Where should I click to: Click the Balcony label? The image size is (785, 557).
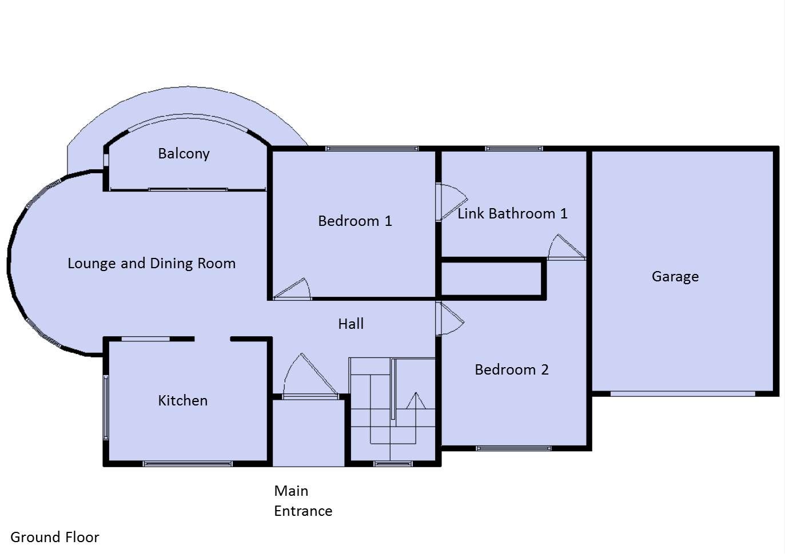(x=184, y=153)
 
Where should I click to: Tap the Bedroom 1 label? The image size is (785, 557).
(x=355, y=221)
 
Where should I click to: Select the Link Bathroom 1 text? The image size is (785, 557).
(x=512, y=213)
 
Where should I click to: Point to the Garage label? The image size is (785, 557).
(x=675, y=277)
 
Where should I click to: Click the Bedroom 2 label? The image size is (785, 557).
(x=512, y=369)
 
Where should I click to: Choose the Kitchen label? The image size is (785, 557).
(x=182, y=400)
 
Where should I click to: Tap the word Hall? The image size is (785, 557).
(x=351, y=324)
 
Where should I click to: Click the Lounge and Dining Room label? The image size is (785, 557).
(x=152, y=263)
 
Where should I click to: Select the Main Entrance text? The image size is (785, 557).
(x=303, y=501)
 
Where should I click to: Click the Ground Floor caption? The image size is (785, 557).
(x=55, y=537)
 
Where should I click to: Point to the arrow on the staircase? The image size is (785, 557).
(x=416, y=401)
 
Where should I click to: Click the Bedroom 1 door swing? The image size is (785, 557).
(x=292, y=289)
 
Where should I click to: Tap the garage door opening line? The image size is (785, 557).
(x=683, y=393)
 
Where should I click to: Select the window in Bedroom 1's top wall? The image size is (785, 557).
(x=372, y=149)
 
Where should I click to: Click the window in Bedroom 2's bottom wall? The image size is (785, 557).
(x=514, y=448)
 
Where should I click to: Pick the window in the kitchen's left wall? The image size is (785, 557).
(x=106, y=407)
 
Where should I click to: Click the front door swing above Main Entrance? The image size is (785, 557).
(x=310, y=376)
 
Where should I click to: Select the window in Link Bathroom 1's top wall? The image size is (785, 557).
(x=514, y=149)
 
